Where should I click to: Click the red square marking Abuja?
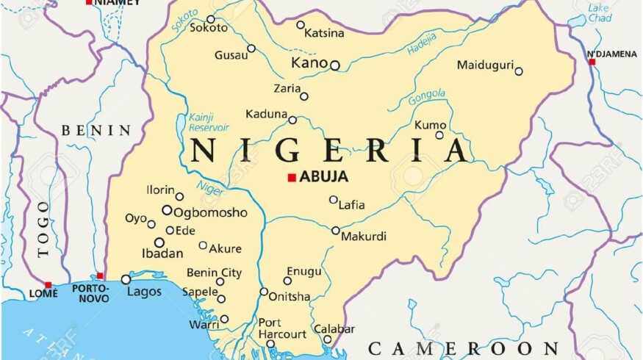click(x=292, y=177)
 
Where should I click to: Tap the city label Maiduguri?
click(x=484, y=65)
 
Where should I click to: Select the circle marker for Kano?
click(x=335, y=65)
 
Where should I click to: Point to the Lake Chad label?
click(x=599, y=12)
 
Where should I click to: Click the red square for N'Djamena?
click(x=592, y=62)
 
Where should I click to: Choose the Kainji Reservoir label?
click(x=209, y=122)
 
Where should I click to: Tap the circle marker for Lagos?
click(x=126, y=279)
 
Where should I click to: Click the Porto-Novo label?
click(x=90, y=293)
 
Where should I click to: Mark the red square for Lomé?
click(x=48, y=285)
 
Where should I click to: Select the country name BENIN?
click(x=96, y=131)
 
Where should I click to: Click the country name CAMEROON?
click(x=463, y=348)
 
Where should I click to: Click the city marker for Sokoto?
click(x=211, y=19)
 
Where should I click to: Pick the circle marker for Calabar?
click(x=328, y=339)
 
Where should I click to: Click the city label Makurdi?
click(x=364, y=236)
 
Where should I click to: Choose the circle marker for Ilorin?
click(x=179, y=196)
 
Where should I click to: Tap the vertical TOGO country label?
click(x=43, y=228)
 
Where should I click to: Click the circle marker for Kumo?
click(x=439, y=135)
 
